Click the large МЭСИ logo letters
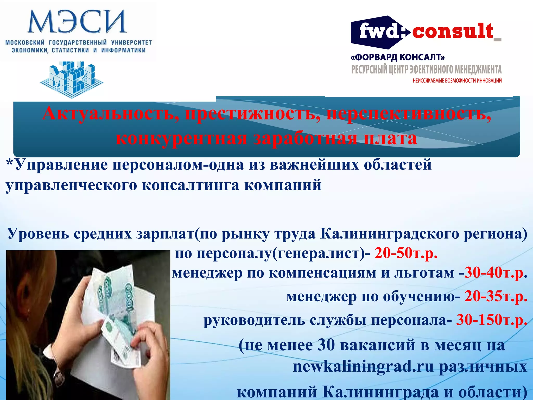(77, 22)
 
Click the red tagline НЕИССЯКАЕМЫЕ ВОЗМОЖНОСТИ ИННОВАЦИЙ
(457, 81)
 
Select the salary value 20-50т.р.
(406, 253)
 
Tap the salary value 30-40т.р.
(496, 273)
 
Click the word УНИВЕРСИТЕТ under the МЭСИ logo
(131, 42)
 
